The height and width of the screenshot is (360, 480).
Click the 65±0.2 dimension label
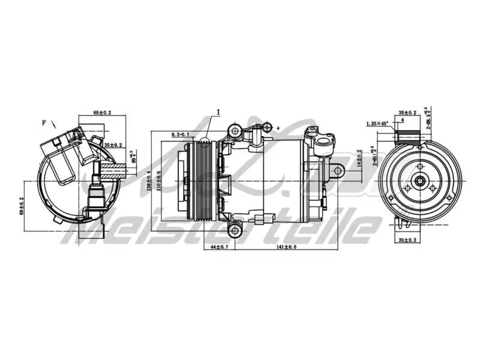103,113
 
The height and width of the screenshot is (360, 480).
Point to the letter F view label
44,122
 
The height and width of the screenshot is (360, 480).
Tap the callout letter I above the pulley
219,112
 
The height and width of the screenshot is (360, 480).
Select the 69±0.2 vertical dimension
22,205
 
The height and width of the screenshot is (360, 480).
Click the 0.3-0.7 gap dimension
181,134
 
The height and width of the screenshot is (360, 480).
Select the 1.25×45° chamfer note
377,124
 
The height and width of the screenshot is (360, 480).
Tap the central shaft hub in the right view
421,180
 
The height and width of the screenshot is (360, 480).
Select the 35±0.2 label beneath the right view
407,240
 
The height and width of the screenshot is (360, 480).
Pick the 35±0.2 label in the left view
113,145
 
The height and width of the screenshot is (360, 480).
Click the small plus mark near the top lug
278,128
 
